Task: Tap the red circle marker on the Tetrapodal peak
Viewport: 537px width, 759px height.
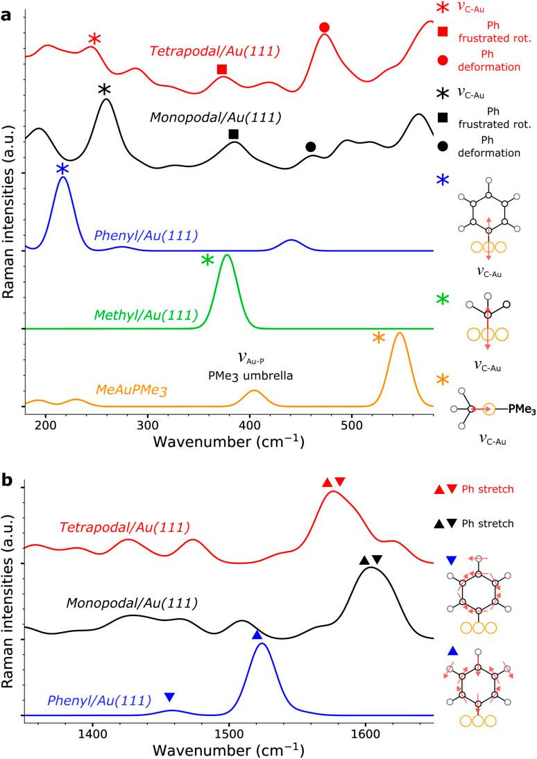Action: [x=324, y=27]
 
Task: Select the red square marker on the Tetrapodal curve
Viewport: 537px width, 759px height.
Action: [x=222, y=69]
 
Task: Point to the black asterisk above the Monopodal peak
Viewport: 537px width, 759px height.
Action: [x=104, y=89]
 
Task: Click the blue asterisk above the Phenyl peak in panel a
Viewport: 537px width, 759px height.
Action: [x=62, y=169]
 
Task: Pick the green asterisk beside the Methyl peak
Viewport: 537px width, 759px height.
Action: [x=207, y=261]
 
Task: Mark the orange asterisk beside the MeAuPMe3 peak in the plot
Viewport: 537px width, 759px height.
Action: [x=378, y=338]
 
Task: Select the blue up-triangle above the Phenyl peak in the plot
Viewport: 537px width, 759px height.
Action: [x=257, y=635]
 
